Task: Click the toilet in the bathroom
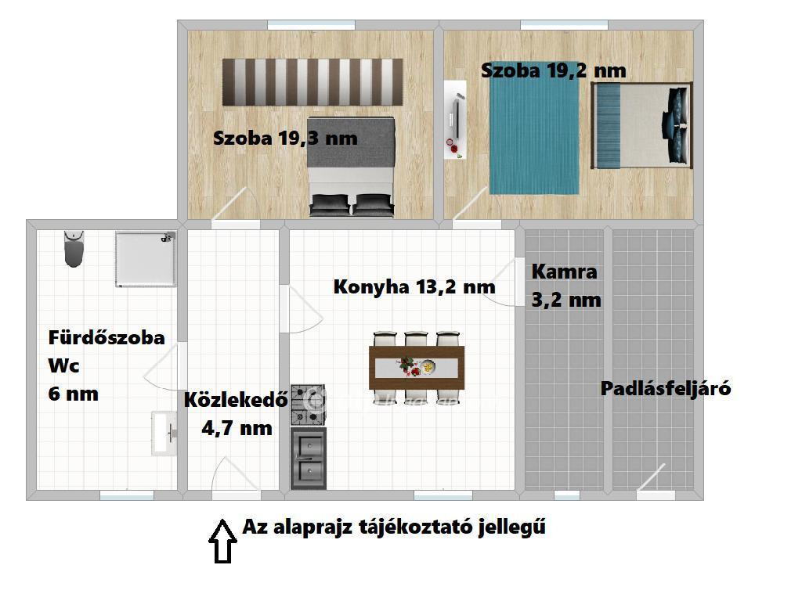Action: point(74,249)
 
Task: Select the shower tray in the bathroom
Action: point(146,260)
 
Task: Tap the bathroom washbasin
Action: point(164,434)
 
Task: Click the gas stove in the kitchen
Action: point(308,405)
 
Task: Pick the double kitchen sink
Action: point(309,459)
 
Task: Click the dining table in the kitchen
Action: point(417,368)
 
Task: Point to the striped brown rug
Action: point(312,82)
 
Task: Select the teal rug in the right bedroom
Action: point(534,135)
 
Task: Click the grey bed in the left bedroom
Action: point(352,167)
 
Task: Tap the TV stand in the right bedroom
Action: point(455,120)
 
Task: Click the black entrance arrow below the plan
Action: point(222,542)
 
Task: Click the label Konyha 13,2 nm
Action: point(414,286)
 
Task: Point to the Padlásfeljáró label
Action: point(666,388)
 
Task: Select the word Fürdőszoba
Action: point(107,338)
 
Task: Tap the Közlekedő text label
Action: point(236,400)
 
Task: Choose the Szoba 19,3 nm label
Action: point(285,138)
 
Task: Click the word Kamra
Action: point(564,272)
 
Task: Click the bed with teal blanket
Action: point(642,126)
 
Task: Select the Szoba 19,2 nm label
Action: point(554,70)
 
